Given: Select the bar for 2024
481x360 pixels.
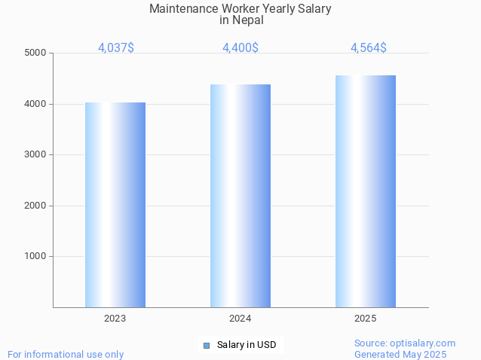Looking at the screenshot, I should point(240,196).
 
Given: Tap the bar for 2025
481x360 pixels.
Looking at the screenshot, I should point(366,191).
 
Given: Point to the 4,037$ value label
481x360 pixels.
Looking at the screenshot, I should point(116,48).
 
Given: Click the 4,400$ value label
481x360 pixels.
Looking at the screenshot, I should point(240,48).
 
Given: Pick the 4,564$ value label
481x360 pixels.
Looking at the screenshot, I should point(369,48).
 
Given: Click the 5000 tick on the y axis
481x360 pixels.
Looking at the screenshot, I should point(35,53).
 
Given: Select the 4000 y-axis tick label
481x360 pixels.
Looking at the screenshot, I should point(35,104).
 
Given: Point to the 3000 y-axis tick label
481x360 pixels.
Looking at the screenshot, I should point(35,154).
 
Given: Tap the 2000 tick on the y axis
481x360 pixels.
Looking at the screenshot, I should point(35,206).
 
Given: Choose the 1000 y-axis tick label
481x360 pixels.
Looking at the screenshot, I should point(35,256).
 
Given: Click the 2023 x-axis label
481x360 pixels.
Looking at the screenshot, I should point(115,319).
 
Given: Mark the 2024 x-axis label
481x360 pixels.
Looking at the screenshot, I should point(240,319).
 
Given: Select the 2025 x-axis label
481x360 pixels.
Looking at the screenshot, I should point(366,319).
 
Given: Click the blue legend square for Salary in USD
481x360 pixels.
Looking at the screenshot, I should point(206,346).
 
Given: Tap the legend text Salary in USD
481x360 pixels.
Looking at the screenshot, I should point(247,346).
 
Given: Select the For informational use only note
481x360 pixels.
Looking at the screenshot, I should point(66,354).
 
